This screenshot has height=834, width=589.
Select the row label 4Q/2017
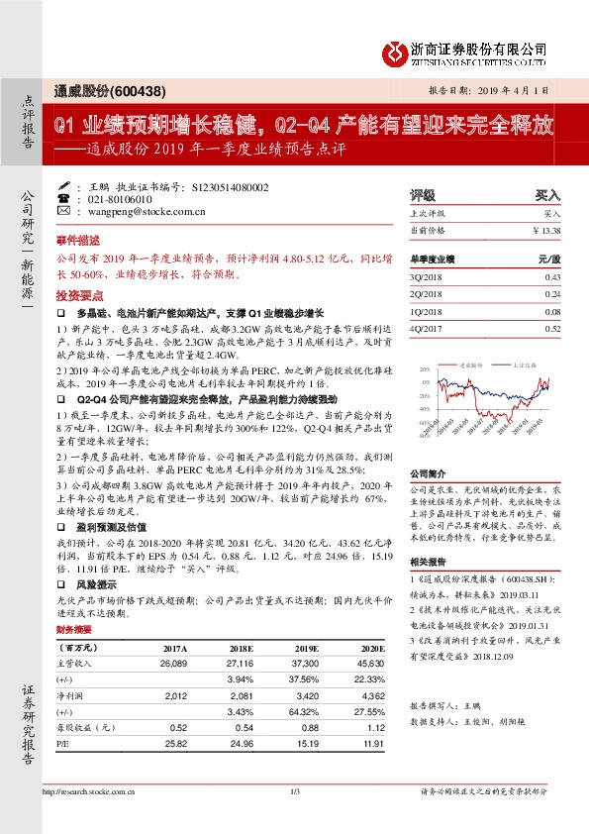click(424, 328)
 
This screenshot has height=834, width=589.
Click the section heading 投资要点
click(76, 296)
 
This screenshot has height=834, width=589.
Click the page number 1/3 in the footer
click(294, 792)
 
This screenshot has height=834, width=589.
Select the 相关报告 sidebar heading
click(426, 562)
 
